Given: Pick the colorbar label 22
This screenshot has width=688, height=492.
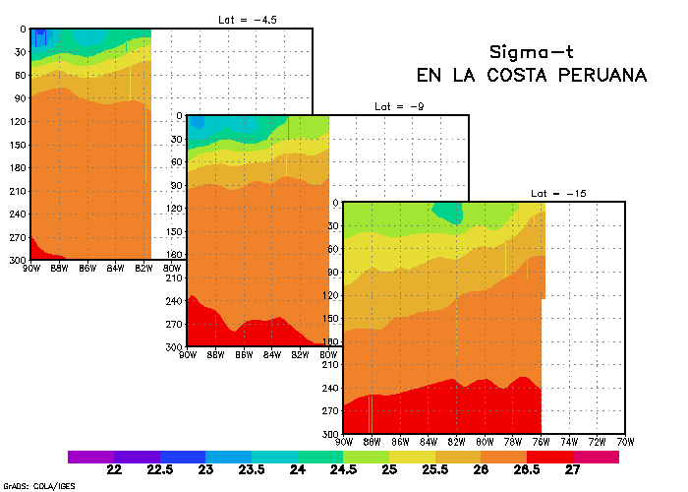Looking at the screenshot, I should pos(114,470).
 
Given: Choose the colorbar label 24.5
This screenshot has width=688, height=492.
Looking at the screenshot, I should pos(344,470).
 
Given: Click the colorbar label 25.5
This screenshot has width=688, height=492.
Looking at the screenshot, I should pos(435,470).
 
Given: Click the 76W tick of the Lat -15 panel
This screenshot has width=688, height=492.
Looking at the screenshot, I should pos(542,441).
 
